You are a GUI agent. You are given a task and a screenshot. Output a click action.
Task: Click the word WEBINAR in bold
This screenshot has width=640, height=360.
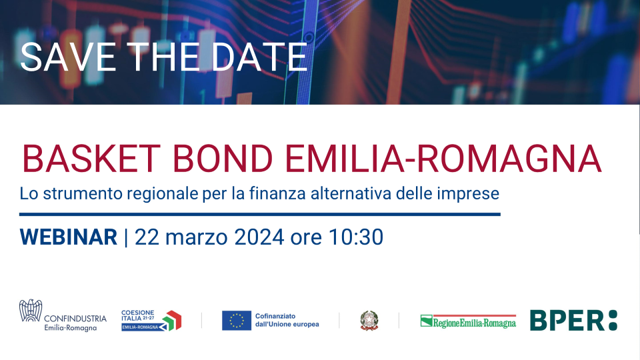[x=69, y=237]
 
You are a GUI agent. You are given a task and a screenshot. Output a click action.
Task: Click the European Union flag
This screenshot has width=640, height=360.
[x=237, y=321]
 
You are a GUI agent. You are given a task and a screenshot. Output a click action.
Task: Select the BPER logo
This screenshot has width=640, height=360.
[x=573, y=321]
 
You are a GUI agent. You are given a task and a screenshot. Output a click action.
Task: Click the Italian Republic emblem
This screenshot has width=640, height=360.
[x=369, y=321]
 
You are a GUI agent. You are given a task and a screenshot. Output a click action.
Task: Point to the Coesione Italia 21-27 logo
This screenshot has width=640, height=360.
[x=151, y=320]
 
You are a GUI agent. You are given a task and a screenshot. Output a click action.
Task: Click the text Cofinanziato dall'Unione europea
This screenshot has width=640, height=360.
[x=287, y=320]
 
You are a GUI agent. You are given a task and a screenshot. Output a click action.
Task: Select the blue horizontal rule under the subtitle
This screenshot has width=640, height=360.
[x=260, y=214]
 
